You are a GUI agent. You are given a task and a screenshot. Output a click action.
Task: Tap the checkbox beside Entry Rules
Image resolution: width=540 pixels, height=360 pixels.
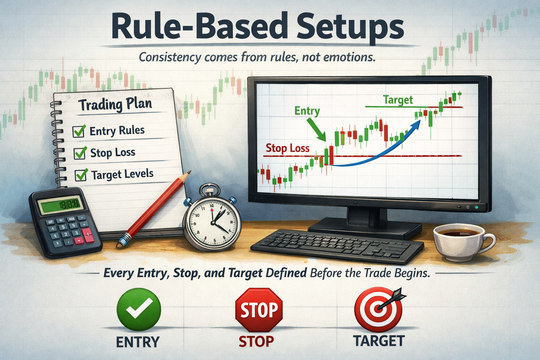78,131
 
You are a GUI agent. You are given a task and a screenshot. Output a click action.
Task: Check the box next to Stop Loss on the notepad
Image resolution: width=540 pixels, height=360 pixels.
80,153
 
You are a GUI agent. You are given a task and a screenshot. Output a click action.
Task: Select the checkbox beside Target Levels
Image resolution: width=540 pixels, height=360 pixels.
81,175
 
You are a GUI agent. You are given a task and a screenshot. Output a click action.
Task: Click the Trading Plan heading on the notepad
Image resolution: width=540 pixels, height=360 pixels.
115,104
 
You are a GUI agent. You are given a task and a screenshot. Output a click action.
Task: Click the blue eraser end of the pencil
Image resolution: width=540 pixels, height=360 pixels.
122,241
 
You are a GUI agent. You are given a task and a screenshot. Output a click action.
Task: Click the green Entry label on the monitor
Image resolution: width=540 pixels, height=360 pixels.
307,111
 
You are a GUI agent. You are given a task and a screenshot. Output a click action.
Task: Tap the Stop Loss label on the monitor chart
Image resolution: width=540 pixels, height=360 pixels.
288,148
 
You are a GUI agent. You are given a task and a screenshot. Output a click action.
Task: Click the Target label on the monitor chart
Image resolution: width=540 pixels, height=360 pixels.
398,100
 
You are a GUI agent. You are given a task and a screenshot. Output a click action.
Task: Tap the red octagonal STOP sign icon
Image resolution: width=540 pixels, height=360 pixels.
259,310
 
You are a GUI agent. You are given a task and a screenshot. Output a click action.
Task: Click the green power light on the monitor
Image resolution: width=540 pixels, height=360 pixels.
476,207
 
